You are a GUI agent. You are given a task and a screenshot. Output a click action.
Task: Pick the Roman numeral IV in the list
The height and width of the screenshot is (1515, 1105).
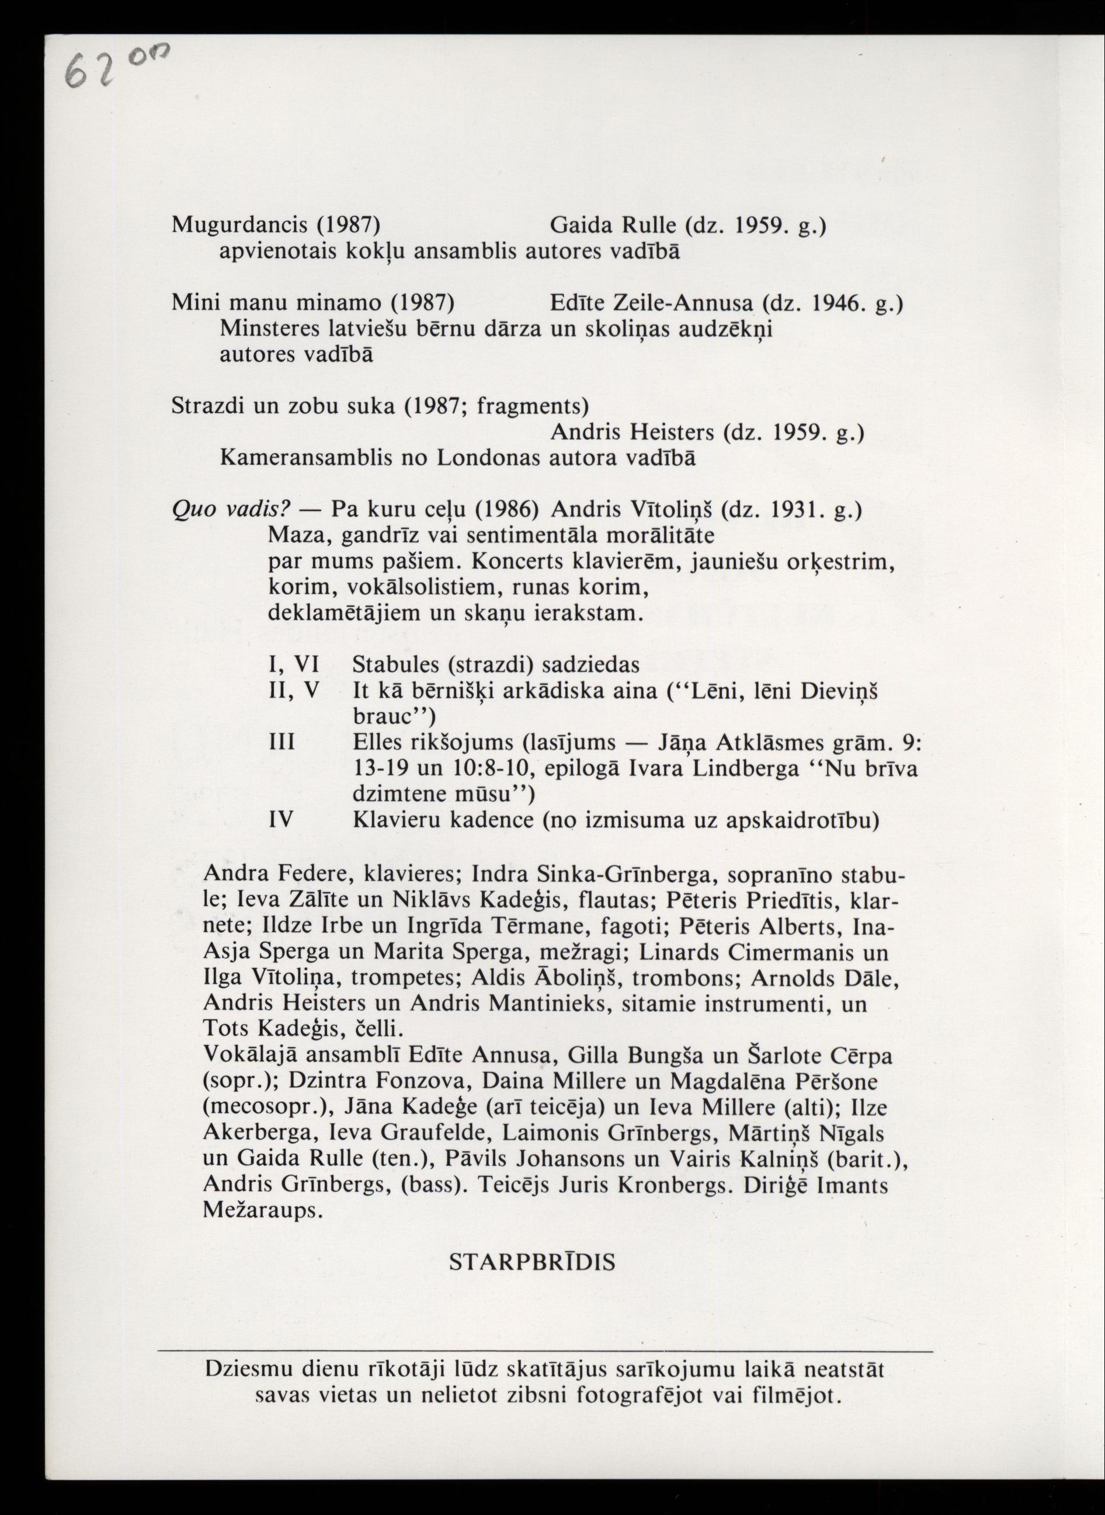(281, 820)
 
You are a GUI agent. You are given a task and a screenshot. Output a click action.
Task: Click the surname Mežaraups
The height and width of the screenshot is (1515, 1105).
(262, 1211)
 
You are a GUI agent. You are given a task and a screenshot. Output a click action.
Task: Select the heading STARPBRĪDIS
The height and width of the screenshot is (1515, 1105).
(531, 1262)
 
